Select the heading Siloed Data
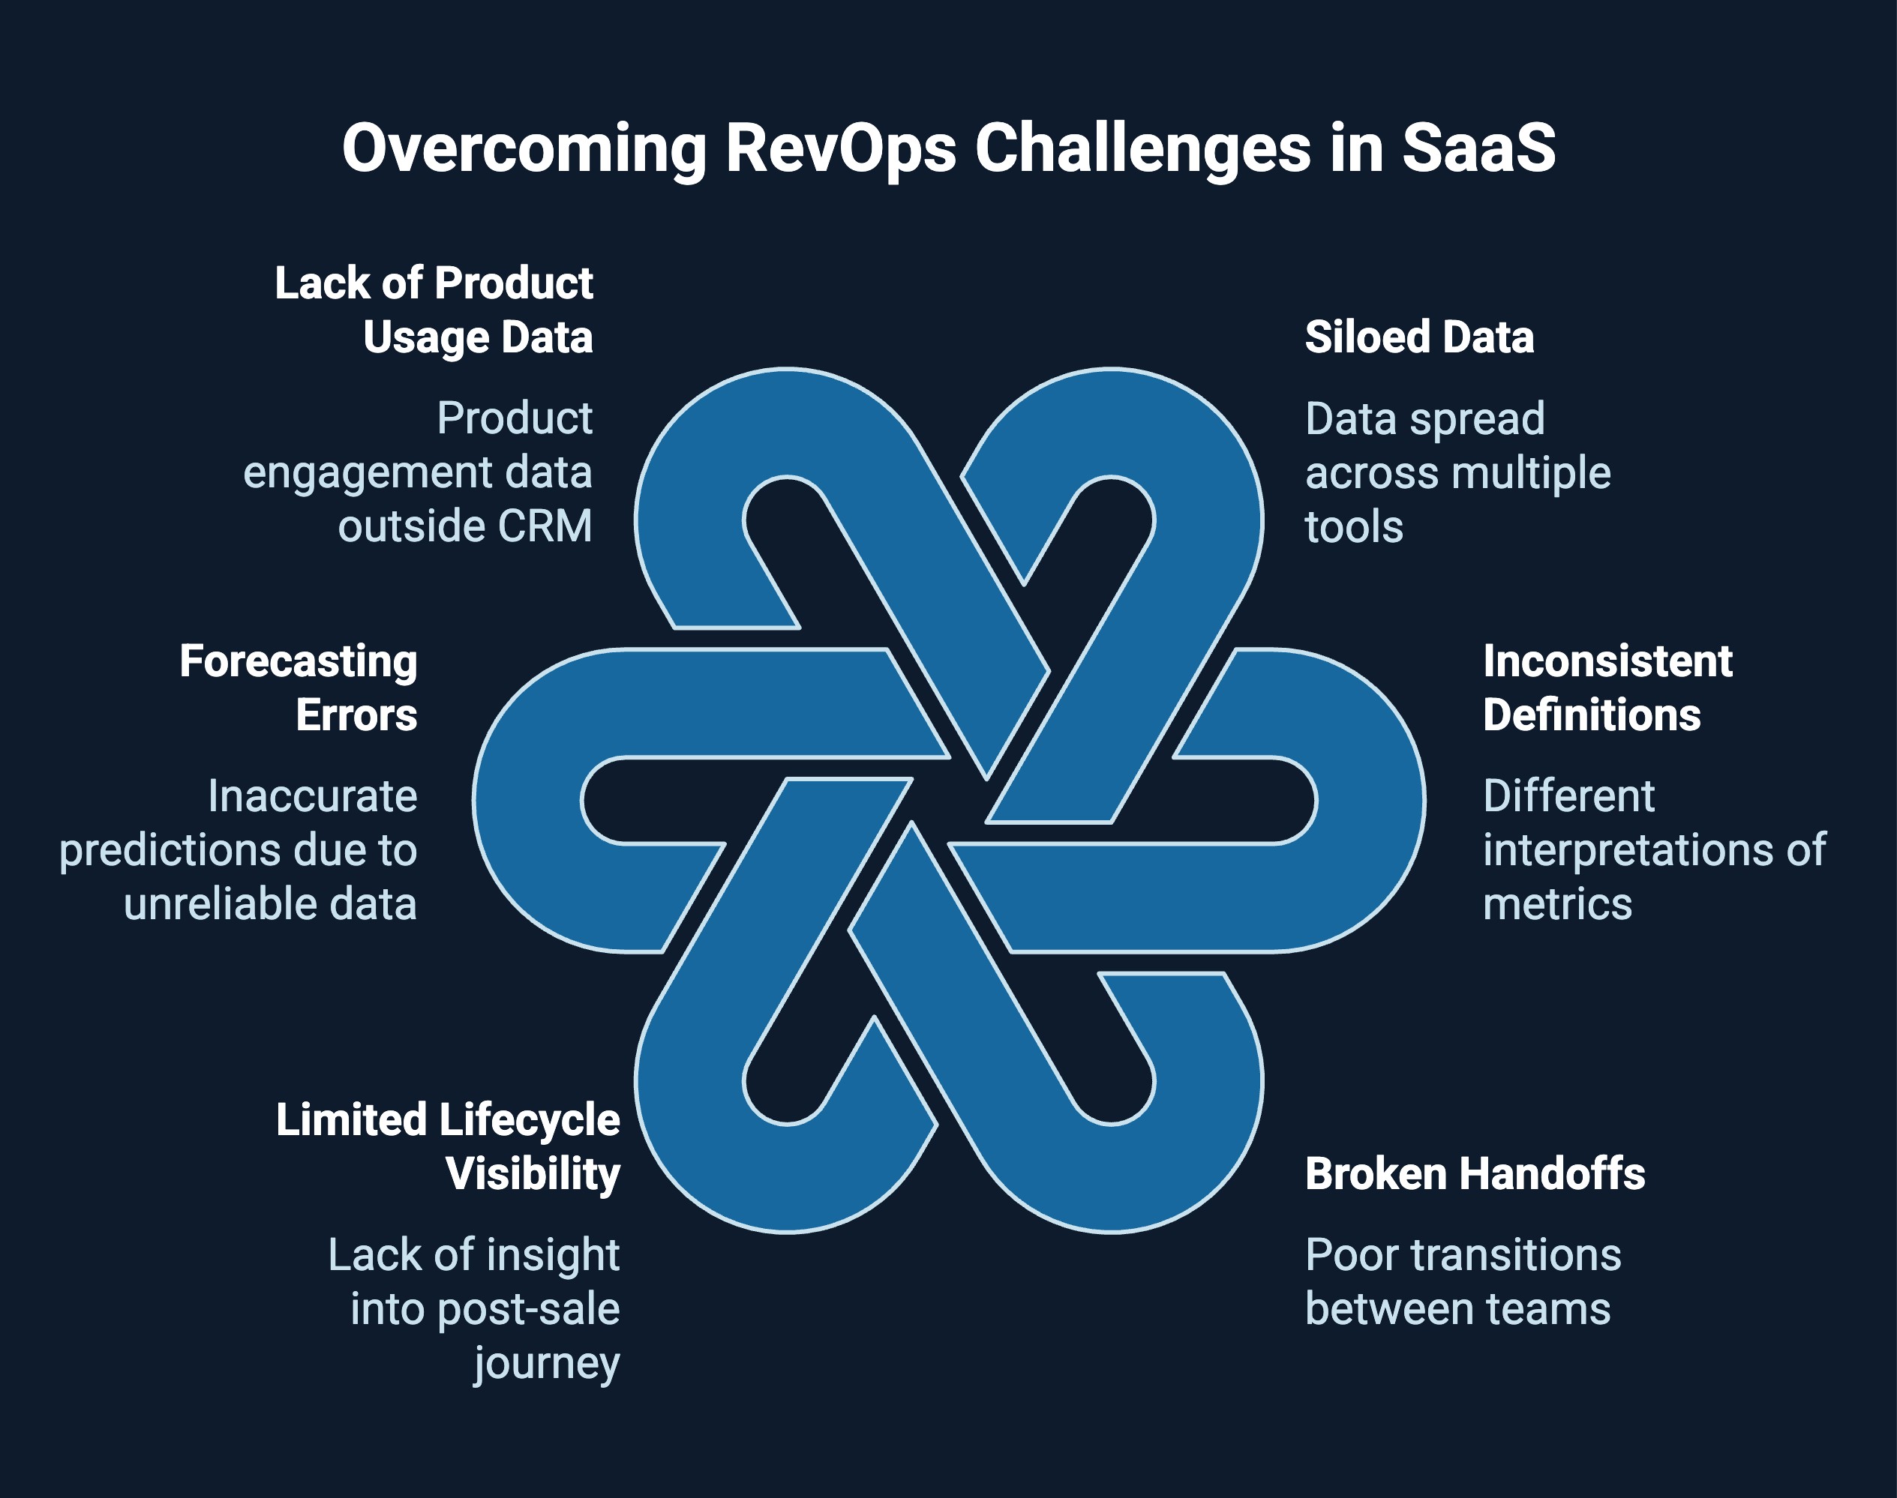(x=1418, y=337)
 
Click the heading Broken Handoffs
(x=1474, y=1174)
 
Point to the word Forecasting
(x=299, y=661)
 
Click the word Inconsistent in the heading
(x=1607, y=661)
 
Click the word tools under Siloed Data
(x=1353, y=527)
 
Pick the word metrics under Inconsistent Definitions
(x=1556, y=904)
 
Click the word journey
(x=547, y=1364)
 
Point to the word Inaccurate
(x=312, y=796)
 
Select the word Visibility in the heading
(x=533, y=1174)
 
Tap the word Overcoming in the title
(x=524, y=149)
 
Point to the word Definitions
(x=1591, y=716)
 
